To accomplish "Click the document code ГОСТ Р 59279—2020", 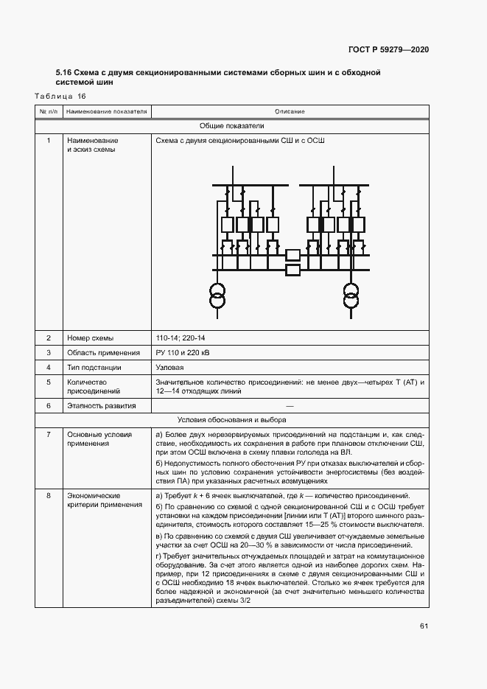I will click(x=388, y=49).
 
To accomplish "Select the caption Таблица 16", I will click(x=61, y=97).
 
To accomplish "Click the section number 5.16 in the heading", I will click(x=63, y=73).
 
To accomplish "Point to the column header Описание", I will click(x=290, y=111).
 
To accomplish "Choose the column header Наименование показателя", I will click(x=107, y=111).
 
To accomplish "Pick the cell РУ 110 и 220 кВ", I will click(x=183, y=353).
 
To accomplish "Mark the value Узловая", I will click(x=170, y=367).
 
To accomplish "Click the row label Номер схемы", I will click(x=90, y=338).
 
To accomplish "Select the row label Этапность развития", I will click(x=102, y=405).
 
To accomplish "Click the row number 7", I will click(x=49, y=435).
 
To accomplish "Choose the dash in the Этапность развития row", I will click(x=290, y=405).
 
